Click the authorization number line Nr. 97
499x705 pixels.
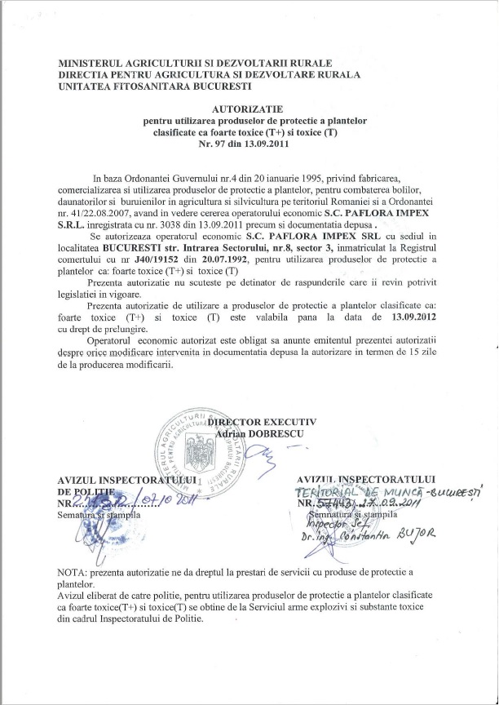pyautogui.click(x=249, y=144)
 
